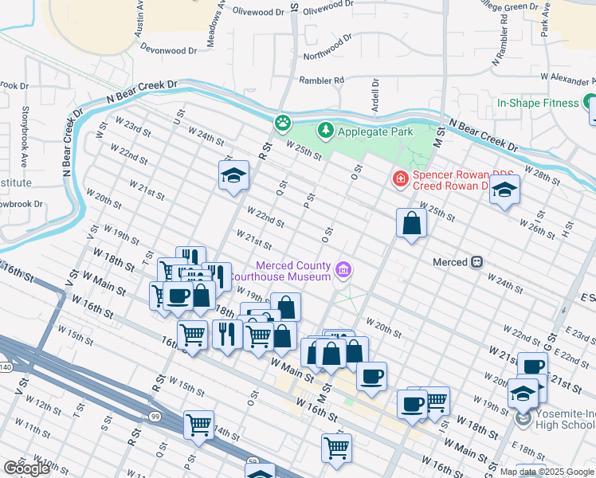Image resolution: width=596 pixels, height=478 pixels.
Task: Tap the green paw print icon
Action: pyautogui.click(x=282, y=123)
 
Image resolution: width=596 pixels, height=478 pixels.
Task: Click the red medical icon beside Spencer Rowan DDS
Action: pyautogui.click(x=400, y=179)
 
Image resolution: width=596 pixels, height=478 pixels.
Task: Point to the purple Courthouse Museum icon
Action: pyautogui.click(x=343, y=270)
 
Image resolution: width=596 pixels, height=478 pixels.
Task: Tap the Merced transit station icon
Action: pyautogui.click(x=477, y=261)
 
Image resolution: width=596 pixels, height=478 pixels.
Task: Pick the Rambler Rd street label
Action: pyautogui.click(x=321, y=80)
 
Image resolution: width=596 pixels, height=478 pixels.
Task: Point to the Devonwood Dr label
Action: pyautogui.click(x=168, y=49)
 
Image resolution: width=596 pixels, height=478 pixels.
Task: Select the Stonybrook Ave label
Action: pyautogui.click(x=25, y=127)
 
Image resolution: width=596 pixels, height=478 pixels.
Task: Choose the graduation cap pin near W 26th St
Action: pyautogui.click(x=505, y=190)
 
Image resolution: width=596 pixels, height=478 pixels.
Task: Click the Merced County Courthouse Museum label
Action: pyautogui.click(x=292, y=271)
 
